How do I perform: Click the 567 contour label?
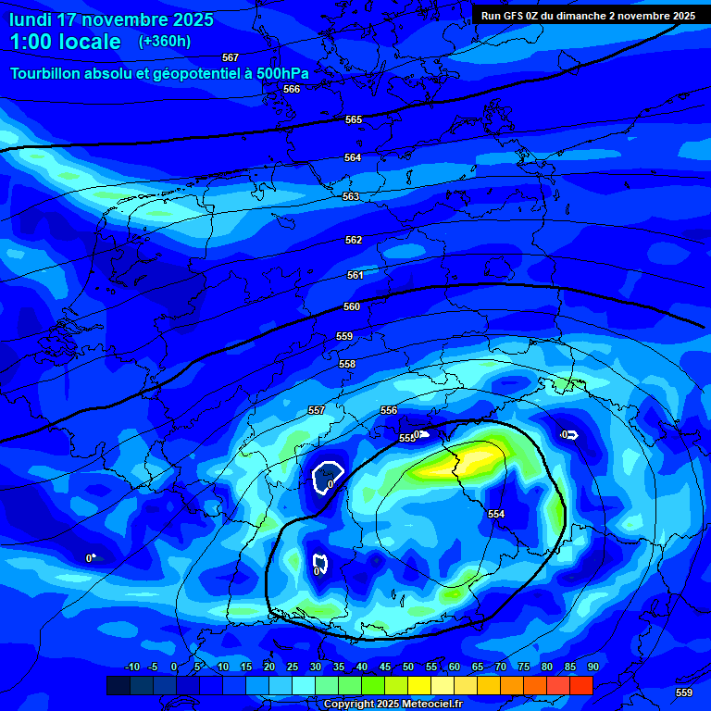click(231, 57)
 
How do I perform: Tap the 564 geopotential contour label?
click(353, 157)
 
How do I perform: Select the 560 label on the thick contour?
click(352, 306)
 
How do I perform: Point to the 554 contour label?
click(496, 514)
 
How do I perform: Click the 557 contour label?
click(317, 410)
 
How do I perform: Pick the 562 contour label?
click(354, 240)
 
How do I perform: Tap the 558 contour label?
click(347, 364)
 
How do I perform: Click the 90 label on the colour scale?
click(592, 667)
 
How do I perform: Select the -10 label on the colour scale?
click(131, 667)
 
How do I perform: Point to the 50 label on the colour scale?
click(408, 667)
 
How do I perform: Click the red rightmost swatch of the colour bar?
click(580, 685)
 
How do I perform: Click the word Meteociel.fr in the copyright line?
click(425, 705)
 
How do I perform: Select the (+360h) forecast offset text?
click(165, 42)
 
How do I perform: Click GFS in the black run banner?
click(515, 16)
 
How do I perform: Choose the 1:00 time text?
click(35, 42)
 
